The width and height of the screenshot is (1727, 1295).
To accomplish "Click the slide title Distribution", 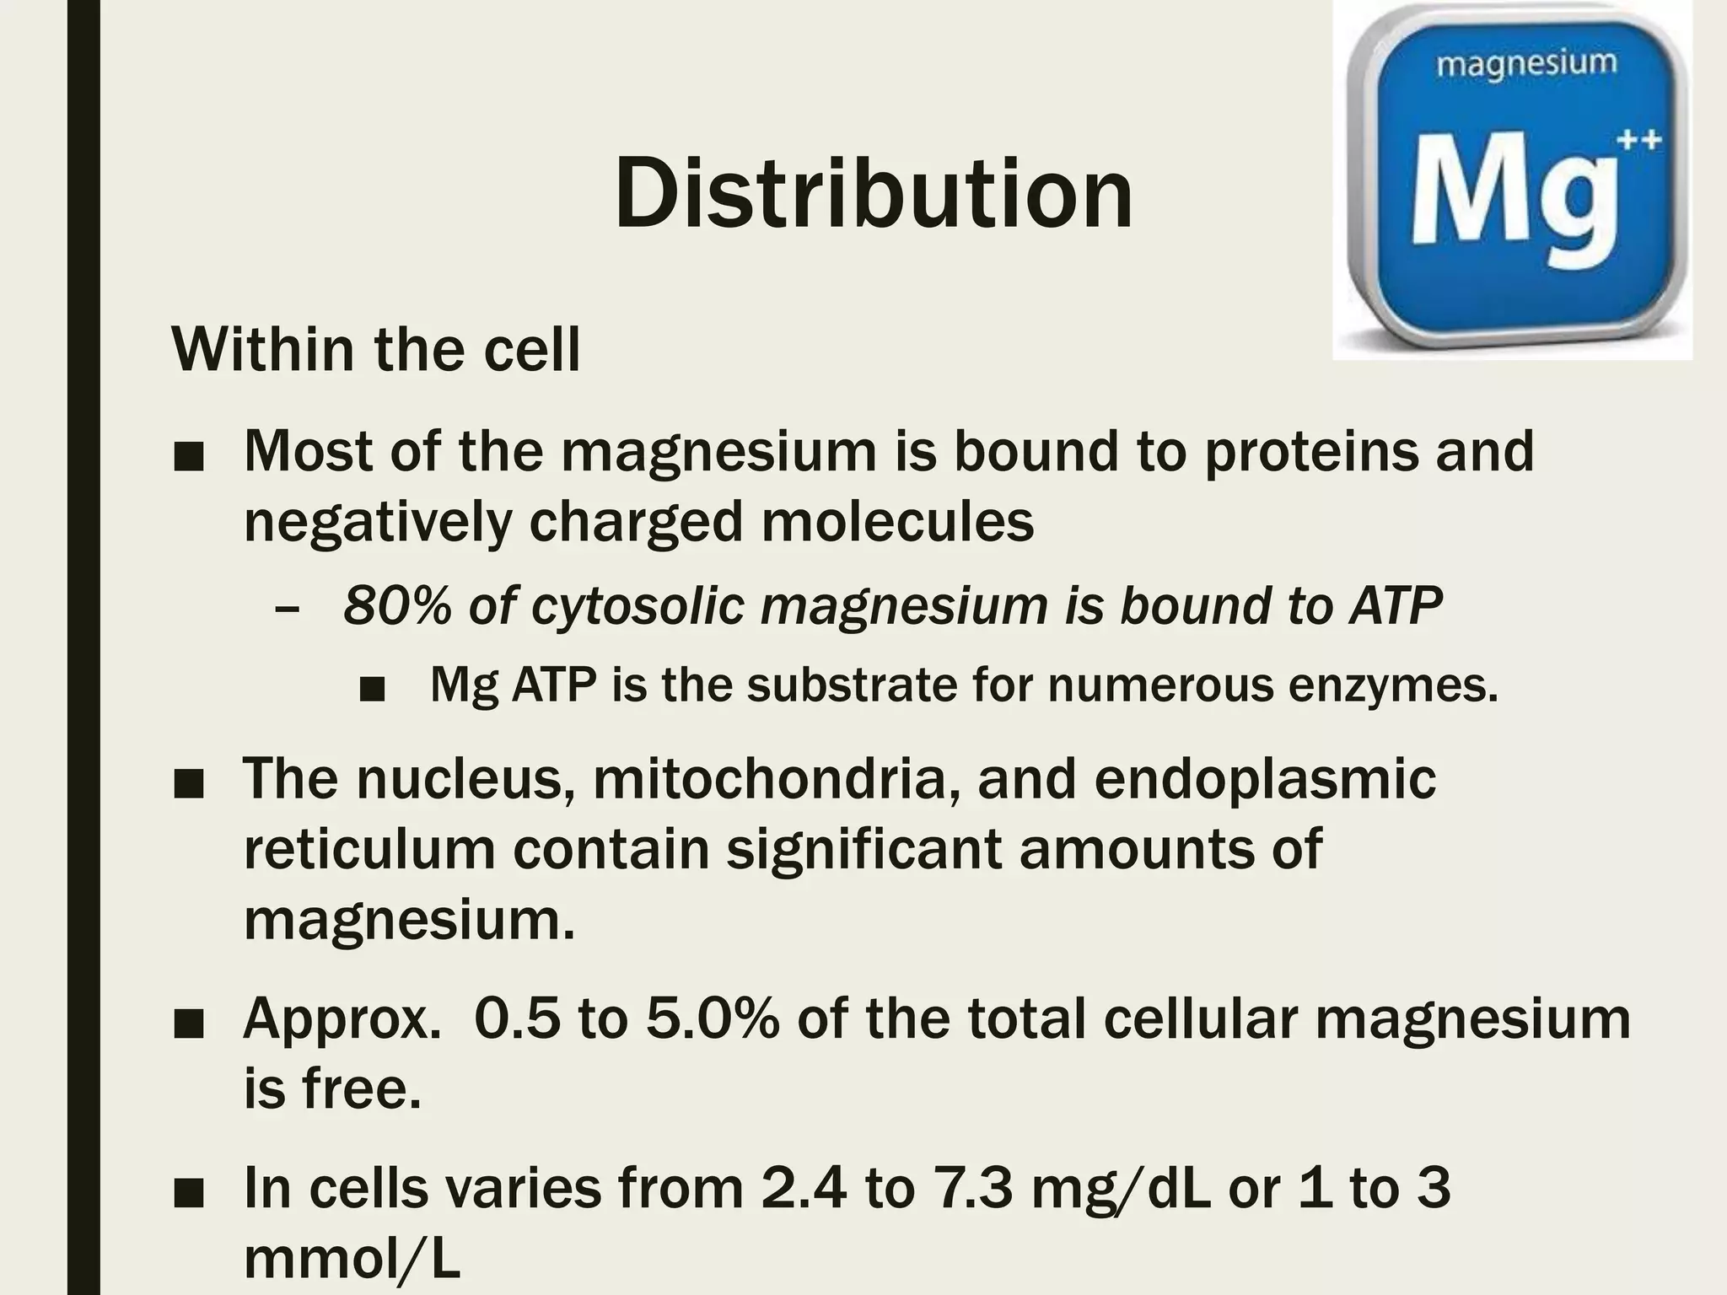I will click(874, 195).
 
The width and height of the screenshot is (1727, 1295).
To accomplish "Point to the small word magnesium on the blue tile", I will click(1526, 63).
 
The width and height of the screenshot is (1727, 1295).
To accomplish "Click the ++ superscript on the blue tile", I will click(1638, 139).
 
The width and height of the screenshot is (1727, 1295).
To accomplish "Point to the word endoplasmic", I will click(1265, 780).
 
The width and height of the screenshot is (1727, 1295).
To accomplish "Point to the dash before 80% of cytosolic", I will click(287, 607).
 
